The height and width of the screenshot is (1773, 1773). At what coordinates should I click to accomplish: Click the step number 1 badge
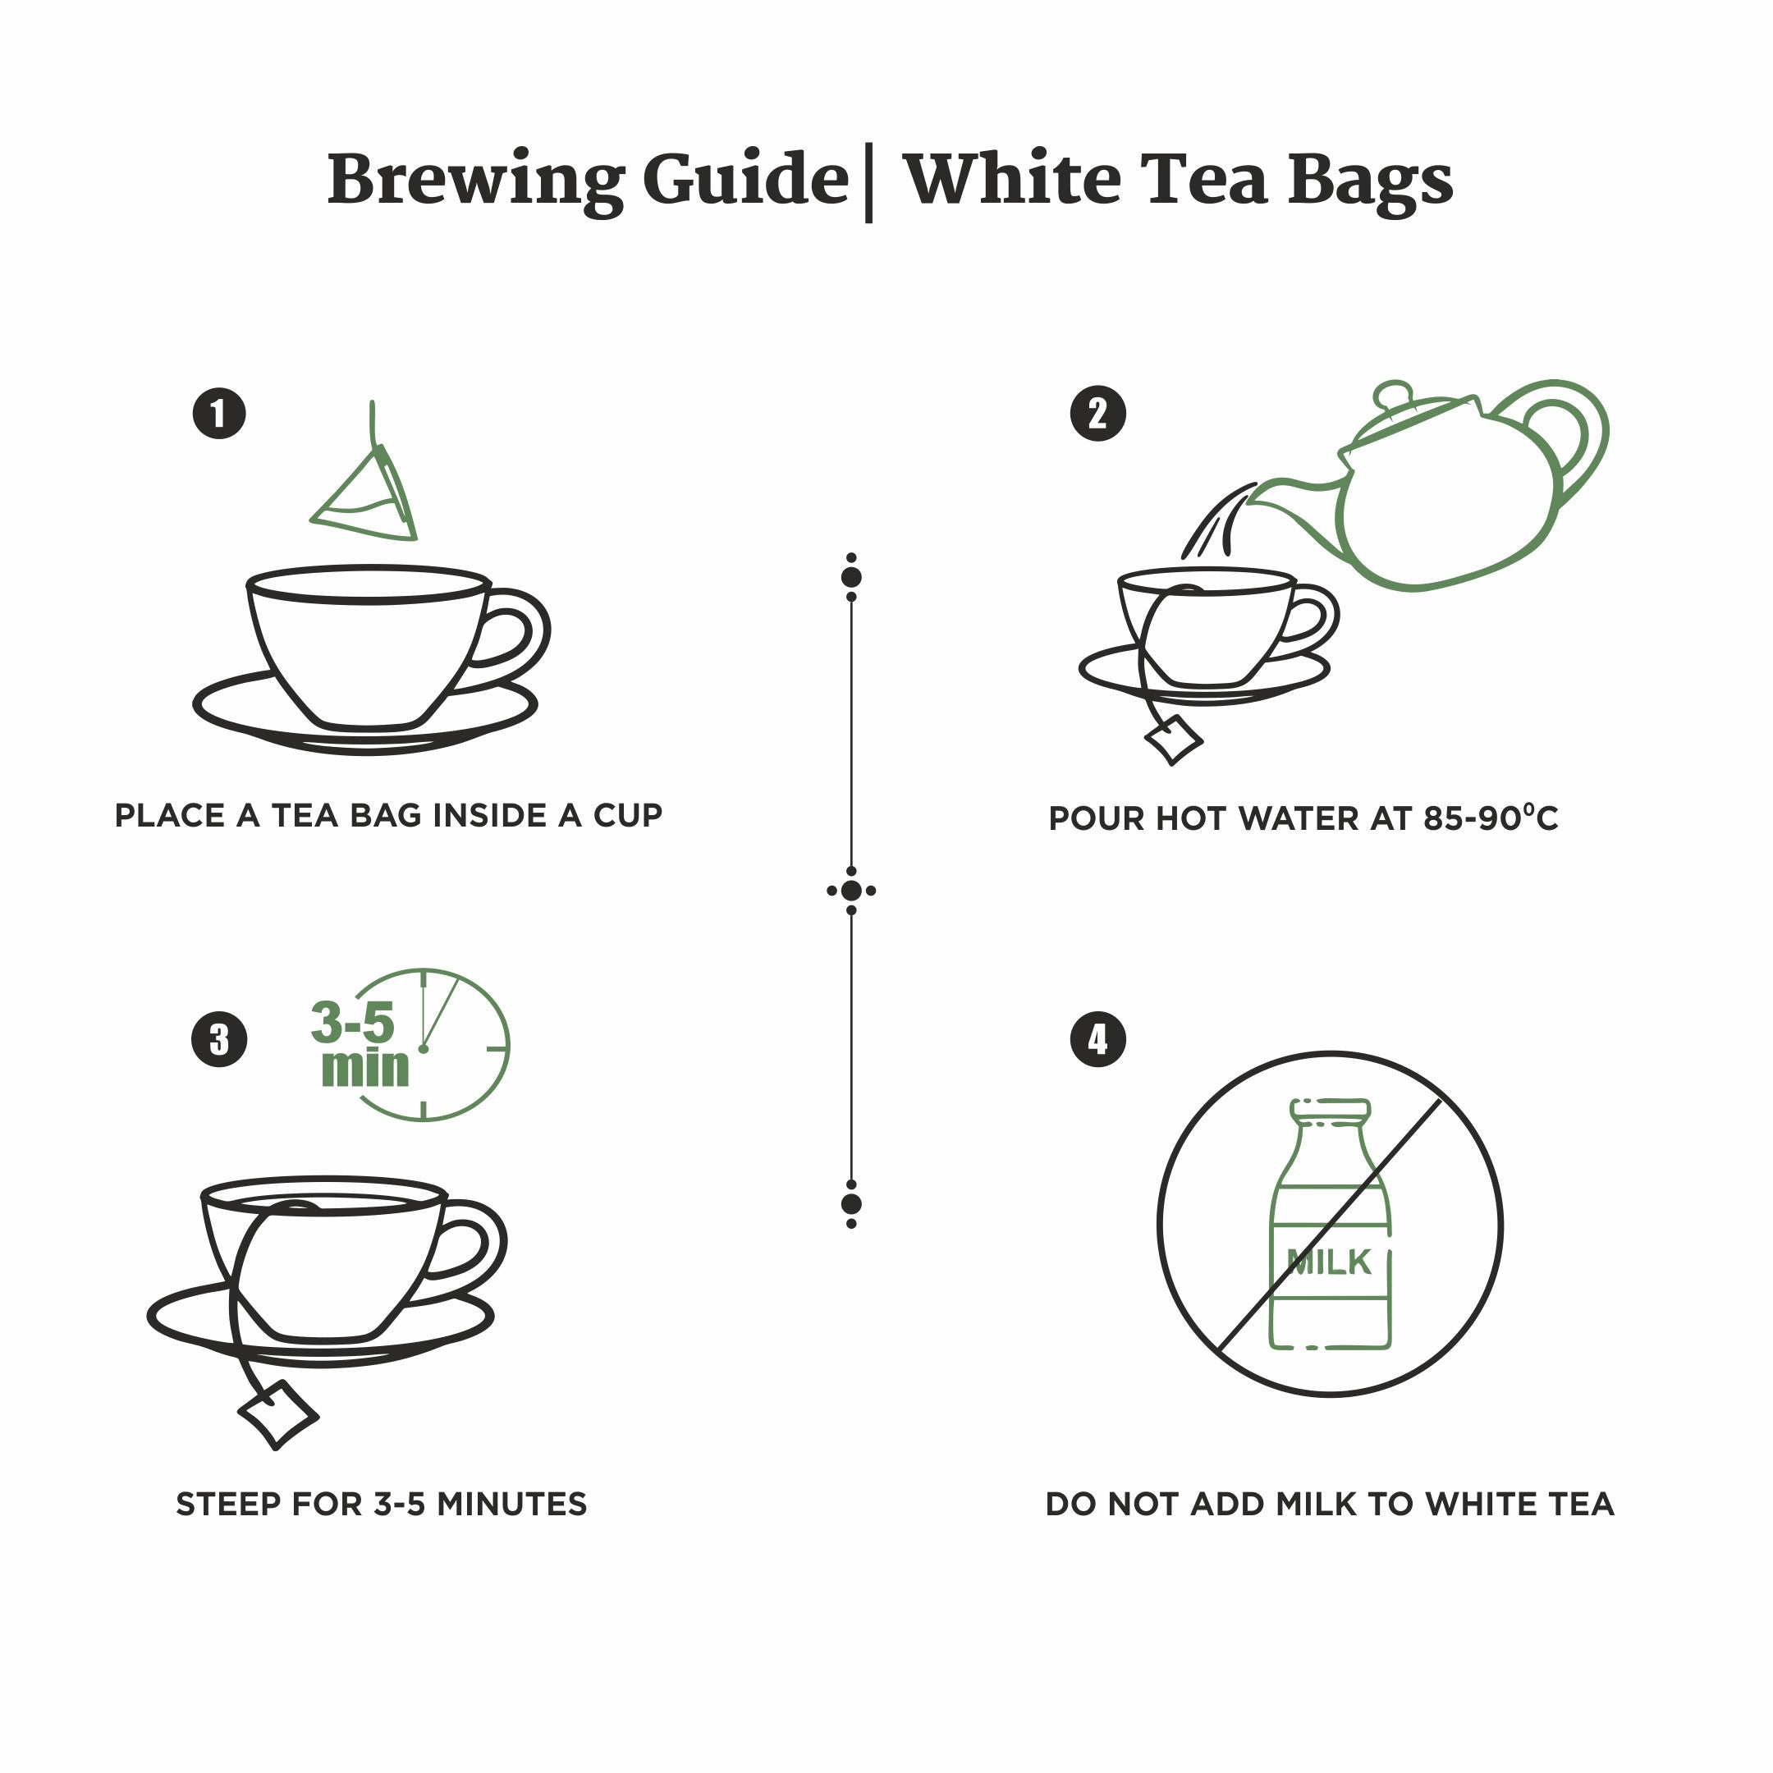point(219,414)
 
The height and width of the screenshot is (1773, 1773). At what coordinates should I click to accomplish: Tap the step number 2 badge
point(1098,414)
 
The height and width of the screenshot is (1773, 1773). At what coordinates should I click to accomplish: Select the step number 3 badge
point(219,1040)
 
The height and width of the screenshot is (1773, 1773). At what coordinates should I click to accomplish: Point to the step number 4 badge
point(1098,1040)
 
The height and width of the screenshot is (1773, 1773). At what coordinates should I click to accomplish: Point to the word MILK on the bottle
point(1329,1262)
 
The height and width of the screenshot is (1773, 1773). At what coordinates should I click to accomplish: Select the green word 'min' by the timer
point(365,1067)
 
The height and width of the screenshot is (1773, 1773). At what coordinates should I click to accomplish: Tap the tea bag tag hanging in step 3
point(278,1414)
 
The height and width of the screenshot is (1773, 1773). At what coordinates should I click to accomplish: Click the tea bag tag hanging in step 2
point(1173,740)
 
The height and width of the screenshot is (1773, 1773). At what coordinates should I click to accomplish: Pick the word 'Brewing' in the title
point(476,181)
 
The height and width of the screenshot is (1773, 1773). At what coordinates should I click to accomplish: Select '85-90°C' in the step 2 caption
point(1491,817)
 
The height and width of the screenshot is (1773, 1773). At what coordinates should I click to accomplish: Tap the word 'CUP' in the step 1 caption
point(629,815)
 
